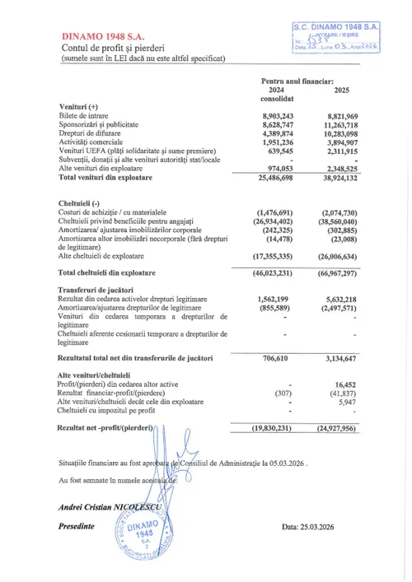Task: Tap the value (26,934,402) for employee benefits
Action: [x=276, y=221]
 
